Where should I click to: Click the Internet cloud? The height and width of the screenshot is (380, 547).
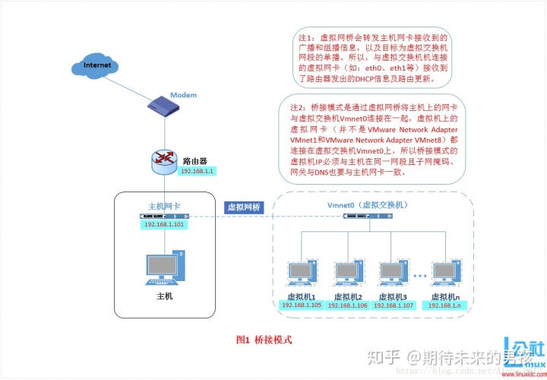[98, 65]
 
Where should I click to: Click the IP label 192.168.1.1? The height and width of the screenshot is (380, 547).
[198, 172]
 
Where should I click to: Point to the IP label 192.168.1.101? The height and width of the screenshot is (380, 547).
[165, 225]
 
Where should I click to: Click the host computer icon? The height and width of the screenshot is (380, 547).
[164, 269]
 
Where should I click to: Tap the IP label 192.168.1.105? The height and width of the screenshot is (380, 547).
[302, 305]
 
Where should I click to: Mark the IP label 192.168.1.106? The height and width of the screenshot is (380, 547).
[348, 305]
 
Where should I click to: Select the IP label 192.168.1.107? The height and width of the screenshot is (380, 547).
[394, 305]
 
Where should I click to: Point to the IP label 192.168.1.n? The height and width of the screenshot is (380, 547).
[445, 305]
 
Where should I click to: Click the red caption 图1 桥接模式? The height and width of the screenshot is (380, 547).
[264, 340]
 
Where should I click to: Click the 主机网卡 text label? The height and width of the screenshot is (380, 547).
[164, 206]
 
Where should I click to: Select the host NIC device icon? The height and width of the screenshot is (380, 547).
[164, 217]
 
